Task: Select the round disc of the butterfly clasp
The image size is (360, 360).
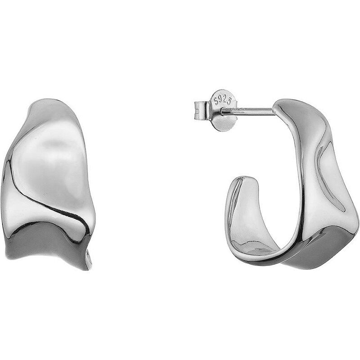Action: click(x=223, y=110)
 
